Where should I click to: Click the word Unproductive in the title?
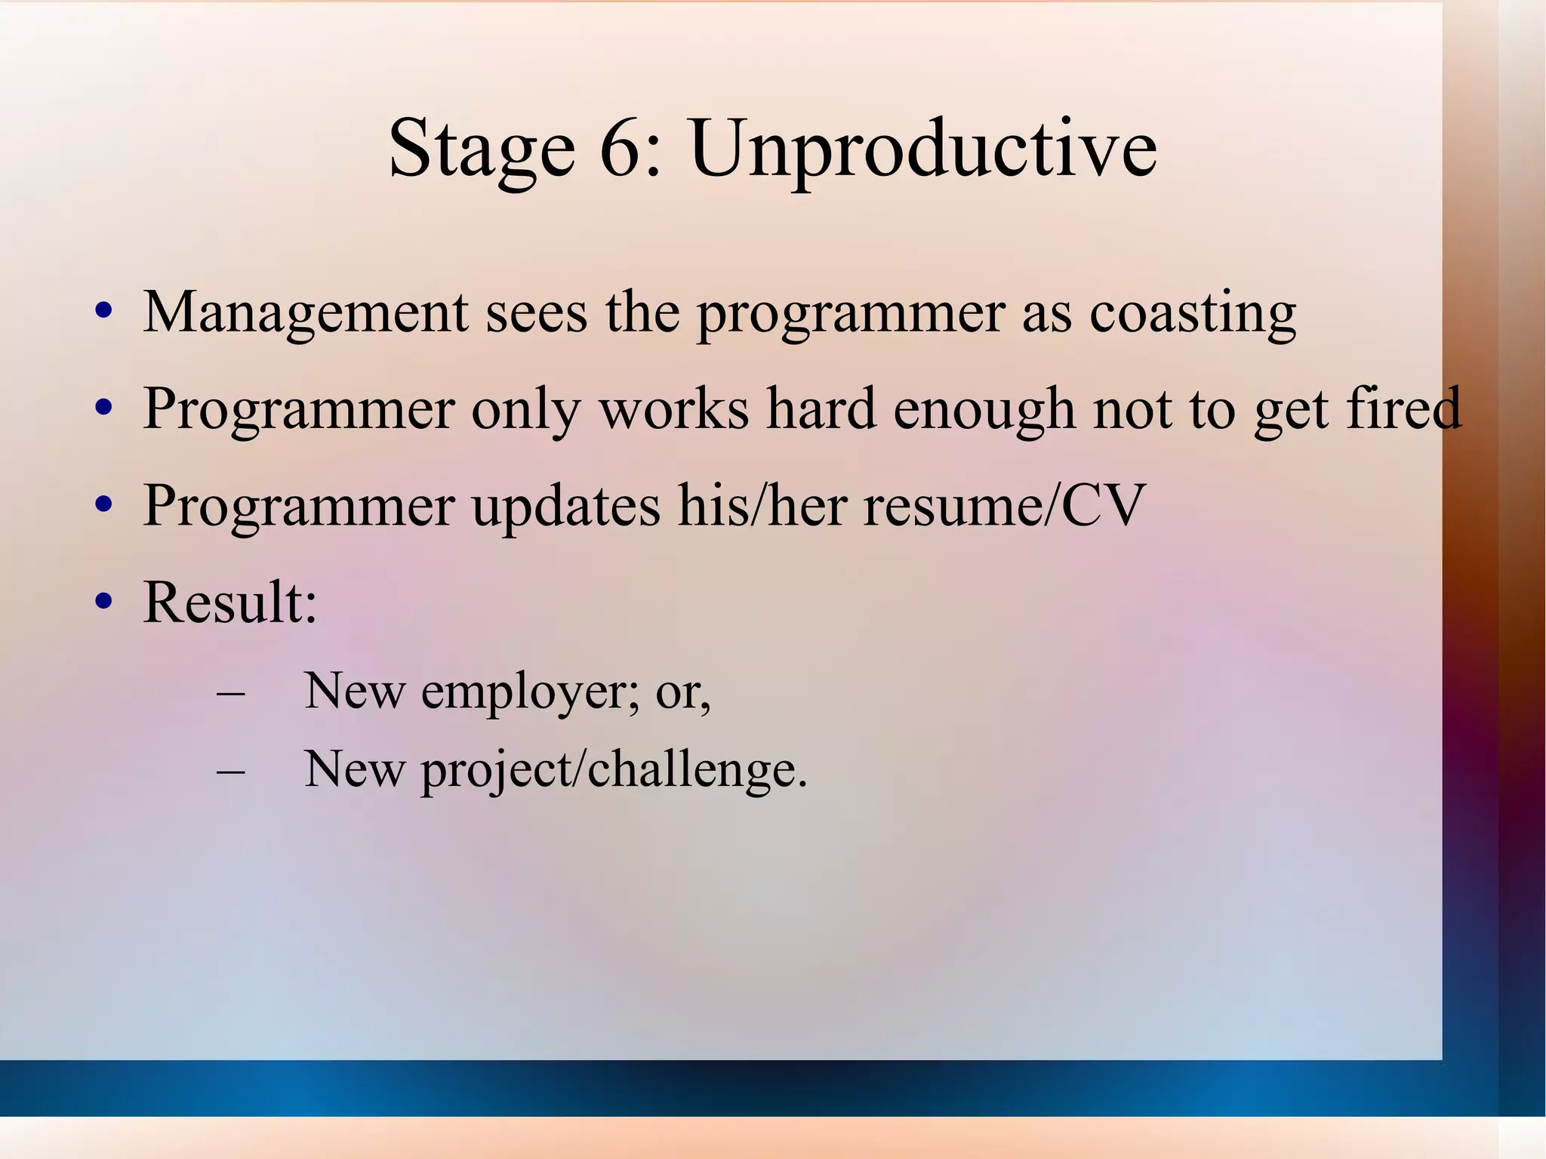click(x=922, y=149)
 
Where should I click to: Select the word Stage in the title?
click(x=482, y=149)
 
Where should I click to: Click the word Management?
click(x=305, y=313)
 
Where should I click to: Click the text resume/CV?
click(x=1004, y=506)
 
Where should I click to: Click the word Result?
click(x=230, y=603)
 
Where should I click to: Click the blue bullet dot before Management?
click(x=104, y=311)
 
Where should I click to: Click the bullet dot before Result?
click(x=104, y=602)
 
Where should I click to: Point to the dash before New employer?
click(x=230, y=692)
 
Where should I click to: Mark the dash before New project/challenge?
click(x=230, y=771)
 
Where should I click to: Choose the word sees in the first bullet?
click(x=535, y=313)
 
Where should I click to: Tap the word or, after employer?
click(x=682, y=693)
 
